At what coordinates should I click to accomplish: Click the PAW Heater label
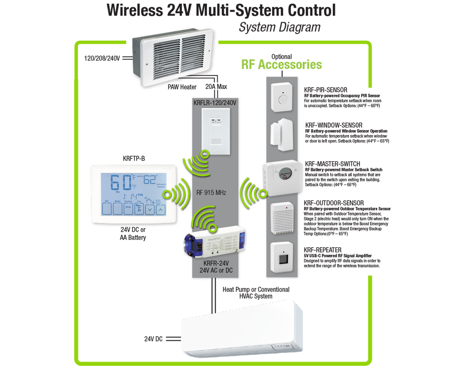coord(182,87)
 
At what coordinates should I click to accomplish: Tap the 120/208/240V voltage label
coord(102,58)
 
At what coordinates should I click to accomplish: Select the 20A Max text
coord(216,87)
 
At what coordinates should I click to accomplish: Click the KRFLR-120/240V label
coord(215,103)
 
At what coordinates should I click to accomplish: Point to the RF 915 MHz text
coord(211,193)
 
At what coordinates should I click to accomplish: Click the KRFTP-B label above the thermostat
coord(134,158)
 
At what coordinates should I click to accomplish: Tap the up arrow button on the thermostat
coord(161,209)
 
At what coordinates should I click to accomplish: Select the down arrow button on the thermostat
coord(150,209)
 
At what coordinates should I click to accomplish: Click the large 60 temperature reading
coord(121,182)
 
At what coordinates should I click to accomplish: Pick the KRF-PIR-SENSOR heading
coord(325,90)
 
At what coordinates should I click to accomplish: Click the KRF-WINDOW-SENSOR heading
coord(334,125)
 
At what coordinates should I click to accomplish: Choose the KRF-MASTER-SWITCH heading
coord(333,164)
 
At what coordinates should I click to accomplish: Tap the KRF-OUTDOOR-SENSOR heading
coord(334,203)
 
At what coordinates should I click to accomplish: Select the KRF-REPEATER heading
coord(322,250)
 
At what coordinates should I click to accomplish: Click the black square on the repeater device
coord(283,260)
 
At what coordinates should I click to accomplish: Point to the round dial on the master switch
coord(285,174)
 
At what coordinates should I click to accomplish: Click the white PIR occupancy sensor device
coord(282,97)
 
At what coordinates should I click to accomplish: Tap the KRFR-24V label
coord(216,263)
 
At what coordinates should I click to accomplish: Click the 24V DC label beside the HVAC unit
coord(153,339)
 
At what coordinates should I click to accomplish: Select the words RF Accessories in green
coord(282,65)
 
